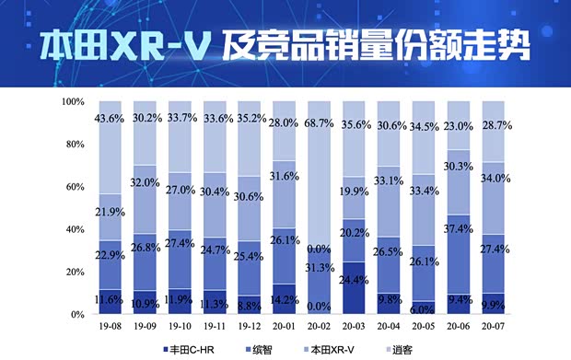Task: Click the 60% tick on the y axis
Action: [74, 187]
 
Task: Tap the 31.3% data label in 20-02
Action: [319, 267]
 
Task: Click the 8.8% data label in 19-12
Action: [250, 300]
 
